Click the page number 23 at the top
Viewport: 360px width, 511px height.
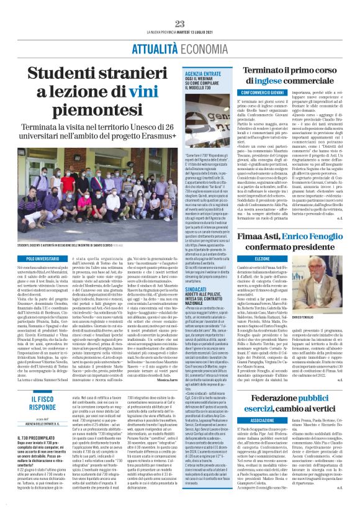pyautogui.click(x=180, y=24)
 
